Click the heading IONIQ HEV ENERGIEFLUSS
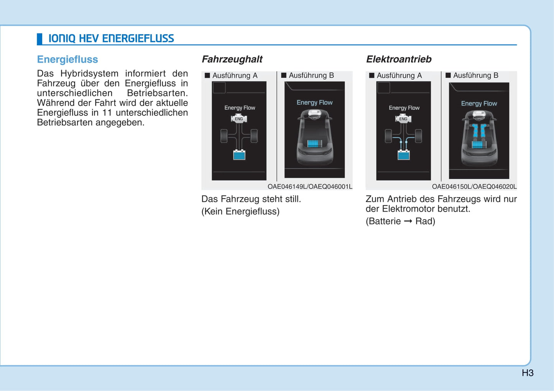point(111,38)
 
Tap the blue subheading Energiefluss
point(67,59)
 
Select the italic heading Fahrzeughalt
point(232,59)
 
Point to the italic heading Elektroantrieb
point(399,59)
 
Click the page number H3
point(528,373)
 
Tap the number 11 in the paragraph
point(107,112)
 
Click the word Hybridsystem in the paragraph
point(89,74)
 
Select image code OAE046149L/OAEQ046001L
point(310,186)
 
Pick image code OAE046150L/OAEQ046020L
point(474,186)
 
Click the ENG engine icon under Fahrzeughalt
point(239,118)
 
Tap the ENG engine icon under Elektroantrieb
point(403,118)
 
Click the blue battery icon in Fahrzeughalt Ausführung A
point(239,155)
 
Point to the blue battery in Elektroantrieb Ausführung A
point(404,155)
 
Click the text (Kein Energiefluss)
point(240,211)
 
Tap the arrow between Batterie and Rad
point(408,221)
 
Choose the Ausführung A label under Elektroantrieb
point(395,76)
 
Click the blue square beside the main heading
point(39,39)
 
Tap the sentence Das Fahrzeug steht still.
point(251,199)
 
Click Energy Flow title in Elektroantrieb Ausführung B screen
point(479,104)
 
